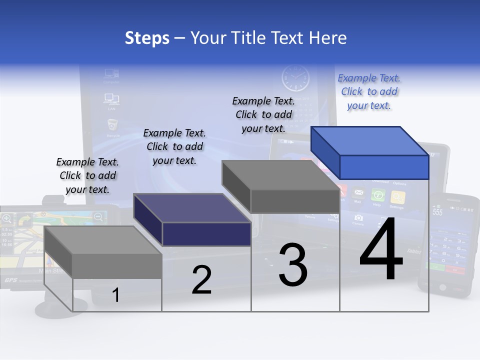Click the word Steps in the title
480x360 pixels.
point(147,38)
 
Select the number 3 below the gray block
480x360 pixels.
point(293,265)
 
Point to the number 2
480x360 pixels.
point(201,280)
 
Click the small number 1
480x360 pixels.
point(115,295)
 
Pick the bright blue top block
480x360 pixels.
point(370,152)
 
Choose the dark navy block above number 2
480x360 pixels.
point(192,220)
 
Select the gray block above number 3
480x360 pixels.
point(281,186)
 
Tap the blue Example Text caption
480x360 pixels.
point(369,91)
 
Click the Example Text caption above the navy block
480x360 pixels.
point(174,146)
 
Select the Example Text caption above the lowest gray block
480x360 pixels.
point(87,175)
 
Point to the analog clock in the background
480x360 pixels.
point(295,78)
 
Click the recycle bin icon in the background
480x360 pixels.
point(112,124)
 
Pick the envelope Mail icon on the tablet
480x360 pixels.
point(358,193)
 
